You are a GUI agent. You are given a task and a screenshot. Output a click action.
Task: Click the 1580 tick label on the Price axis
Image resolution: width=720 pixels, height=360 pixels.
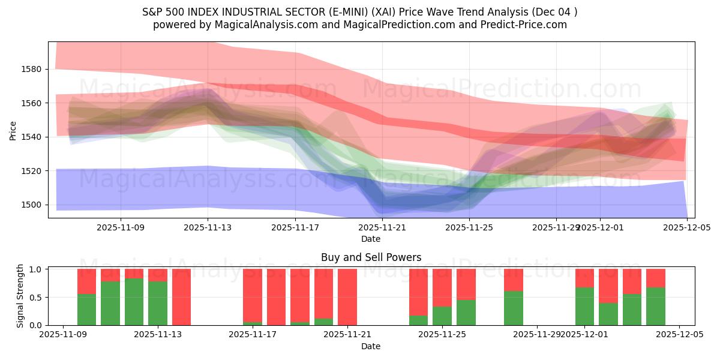tap(31, 69)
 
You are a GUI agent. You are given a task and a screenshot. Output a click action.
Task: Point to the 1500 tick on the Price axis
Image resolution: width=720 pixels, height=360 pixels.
tap(31, 205)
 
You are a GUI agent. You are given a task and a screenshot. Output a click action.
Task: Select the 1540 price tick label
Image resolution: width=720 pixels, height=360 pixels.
tap(31, 137)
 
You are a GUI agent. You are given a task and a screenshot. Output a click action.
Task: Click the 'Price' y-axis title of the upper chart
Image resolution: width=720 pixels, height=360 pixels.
tap(13, 130)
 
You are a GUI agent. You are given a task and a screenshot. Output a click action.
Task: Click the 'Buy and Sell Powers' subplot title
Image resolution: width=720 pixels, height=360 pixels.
tap(371, 257)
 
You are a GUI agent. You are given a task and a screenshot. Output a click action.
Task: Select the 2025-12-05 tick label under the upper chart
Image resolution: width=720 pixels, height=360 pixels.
tap(687, 227)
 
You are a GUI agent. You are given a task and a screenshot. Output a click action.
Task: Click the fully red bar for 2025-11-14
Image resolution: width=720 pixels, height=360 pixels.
tap(181, 297)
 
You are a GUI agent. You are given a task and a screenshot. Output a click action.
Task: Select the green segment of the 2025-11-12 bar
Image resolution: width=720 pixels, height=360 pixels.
tap(134, 302)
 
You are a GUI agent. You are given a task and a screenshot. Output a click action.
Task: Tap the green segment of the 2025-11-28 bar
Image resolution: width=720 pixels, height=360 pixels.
tap(513, 308)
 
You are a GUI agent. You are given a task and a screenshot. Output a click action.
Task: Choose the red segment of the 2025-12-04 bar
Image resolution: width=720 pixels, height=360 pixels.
tap(655, 278)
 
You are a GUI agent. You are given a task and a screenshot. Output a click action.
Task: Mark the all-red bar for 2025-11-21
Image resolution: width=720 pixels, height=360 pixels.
tap(347, 297)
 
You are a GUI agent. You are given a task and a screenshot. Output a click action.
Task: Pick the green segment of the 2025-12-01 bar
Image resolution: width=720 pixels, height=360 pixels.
tap(584, 306)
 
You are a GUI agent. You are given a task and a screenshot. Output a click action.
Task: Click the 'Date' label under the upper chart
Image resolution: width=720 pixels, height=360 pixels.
tap(371, 239)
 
